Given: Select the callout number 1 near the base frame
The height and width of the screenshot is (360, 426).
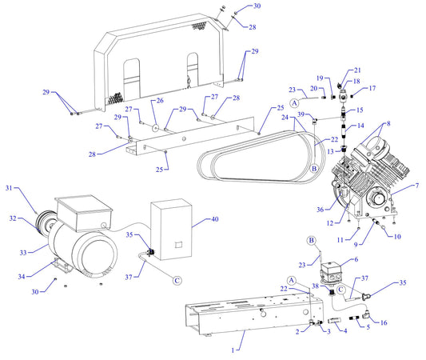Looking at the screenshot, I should (x=234, y=350).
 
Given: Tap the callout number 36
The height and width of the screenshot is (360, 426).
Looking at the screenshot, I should (x=320, y=210).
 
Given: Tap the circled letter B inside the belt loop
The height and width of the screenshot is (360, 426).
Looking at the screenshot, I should (x=314, y=169).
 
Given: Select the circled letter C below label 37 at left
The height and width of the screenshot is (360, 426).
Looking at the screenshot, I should (x=177, y=281).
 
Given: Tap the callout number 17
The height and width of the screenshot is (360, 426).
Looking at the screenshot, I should (x=393, y=88).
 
